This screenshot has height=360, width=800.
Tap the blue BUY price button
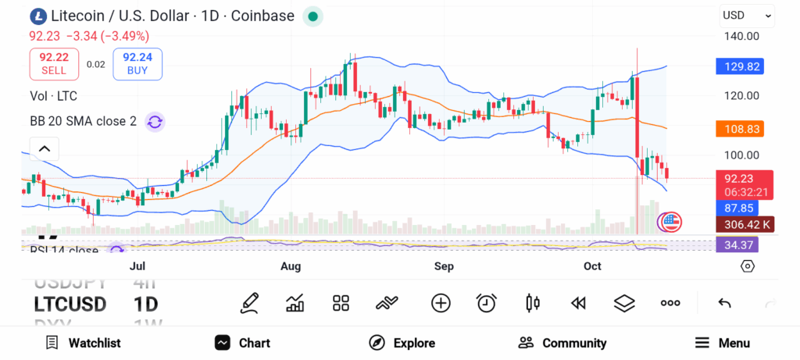coord(137,64)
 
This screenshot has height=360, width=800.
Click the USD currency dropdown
coord(746,15)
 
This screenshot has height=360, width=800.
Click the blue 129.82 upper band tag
coord(740,67)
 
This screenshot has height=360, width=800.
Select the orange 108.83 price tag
coord(740,128)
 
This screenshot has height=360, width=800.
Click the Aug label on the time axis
coord(291,267)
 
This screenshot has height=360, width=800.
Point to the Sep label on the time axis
coord(444,267)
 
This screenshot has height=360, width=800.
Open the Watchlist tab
coord(83,343)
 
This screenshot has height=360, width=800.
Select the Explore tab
coord(402,343)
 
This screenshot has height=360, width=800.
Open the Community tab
coord(562,343)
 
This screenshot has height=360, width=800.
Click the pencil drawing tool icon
coord(250,303)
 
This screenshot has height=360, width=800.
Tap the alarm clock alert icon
coord(487,303)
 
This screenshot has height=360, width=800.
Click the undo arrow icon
coord(724,303)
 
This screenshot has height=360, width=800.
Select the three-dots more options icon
coord(670,303)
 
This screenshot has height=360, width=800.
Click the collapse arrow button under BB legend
coord(45,148)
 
